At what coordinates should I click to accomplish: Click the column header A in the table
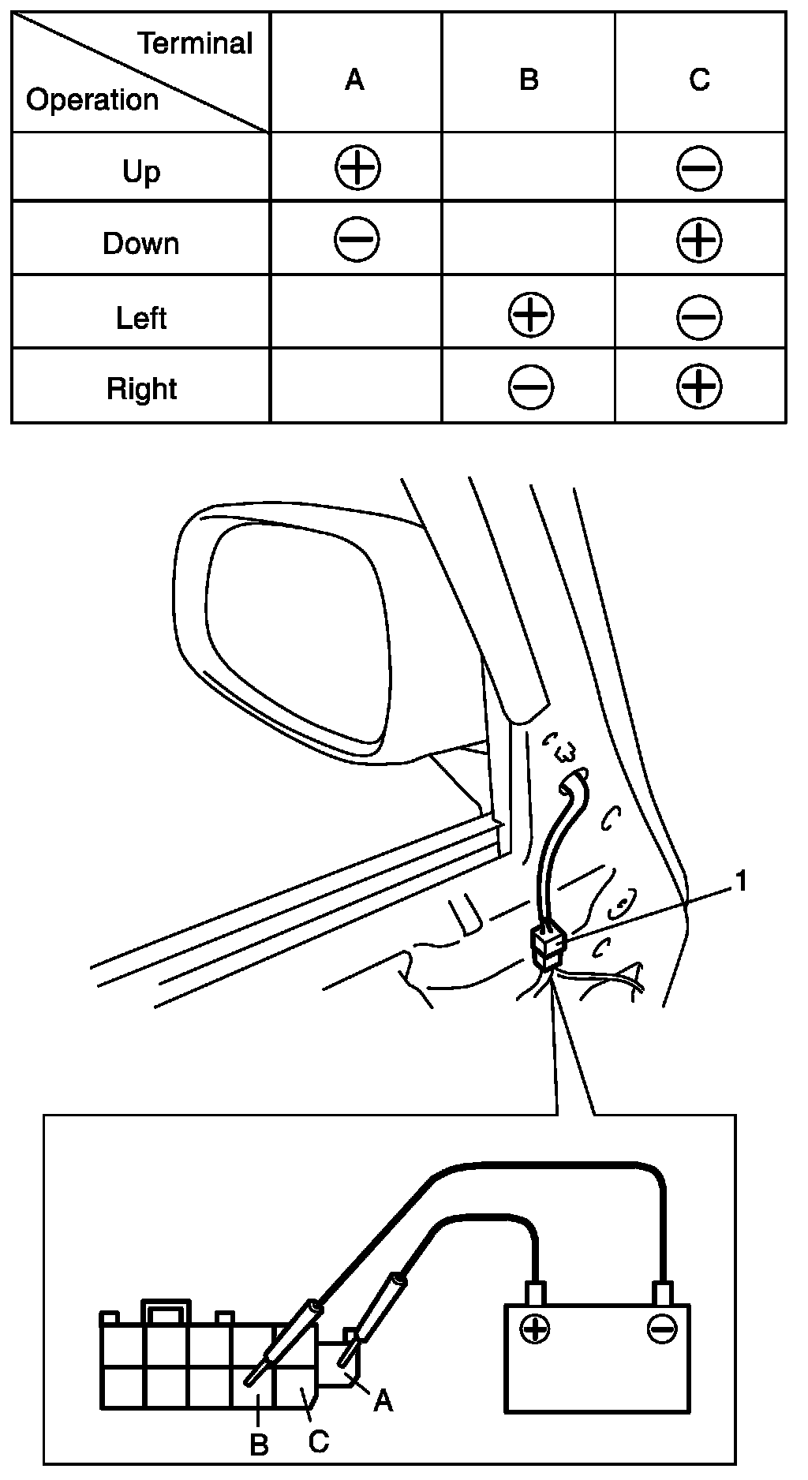[355, 80]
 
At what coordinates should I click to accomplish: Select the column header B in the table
[529, 80]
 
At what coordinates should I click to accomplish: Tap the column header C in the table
[699, 80]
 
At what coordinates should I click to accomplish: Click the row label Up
[141, 171]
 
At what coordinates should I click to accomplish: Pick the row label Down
[141, 243]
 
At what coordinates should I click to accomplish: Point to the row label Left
[141, 318]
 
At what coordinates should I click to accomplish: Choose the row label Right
[142, 389]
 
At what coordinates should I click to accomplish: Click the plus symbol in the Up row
[357, 168]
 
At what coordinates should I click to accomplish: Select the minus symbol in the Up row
[699, 168]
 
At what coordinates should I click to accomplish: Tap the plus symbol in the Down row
[699, 240]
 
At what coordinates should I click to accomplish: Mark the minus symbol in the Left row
[699, 317]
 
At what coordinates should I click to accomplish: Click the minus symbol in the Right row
[531, 387]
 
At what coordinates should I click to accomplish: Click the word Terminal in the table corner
[196, 43]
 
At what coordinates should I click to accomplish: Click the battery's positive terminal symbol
[535, 1329]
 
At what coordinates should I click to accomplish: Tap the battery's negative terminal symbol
[660, 1329]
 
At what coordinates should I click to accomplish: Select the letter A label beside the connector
[383, 1400]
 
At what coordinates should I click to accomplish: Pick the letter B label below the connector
[259, 1445]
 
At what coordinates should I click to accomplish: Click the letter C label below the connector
[318, 1441]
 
